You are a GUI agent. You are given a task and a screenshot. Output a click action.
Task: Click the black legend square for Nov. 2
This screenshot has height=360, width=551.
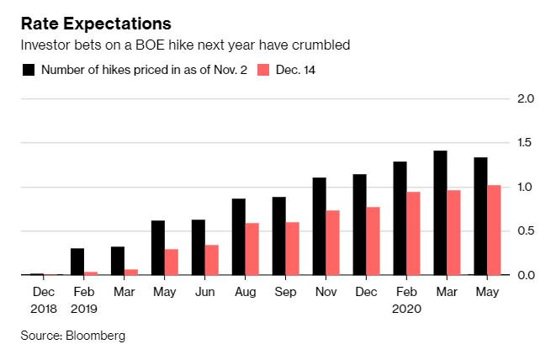(x=29, y=70)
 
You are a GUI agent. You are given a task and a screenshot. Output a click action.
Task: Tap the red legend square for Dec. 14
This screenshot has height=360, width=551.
(x=262, y=70)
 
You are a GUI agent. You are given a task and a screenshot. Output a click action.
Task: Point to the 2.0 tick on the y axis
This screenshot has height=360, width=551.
(x=527, y=98)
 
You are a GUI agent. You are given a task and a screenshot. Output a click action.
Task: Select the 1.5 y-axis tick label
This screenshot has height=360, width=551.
(x=527, y=143)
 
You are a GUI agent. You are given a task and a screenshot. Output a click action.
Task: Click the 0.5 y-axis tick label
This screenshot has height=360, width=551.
(x=527, y=231)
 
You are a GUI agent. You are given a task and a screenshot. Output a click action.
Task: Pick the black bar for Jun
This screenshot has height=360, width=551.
(x=199, y=246)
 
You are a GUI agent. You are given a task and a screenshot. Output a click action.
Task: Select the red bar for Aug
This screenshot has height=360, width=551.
(x=252, y=248)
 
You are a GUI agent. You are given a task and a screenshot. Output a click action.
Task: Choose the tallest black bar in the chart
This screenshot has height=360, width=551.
(x=441, y=212)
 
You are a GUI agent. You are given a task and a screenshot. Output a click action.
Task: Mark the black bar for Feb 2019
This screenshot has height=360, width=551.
(x=77, y=261)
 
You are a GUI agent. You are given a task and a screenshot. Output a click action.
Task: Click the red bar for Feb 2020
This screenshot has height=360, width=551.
(x=414, y=233)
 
